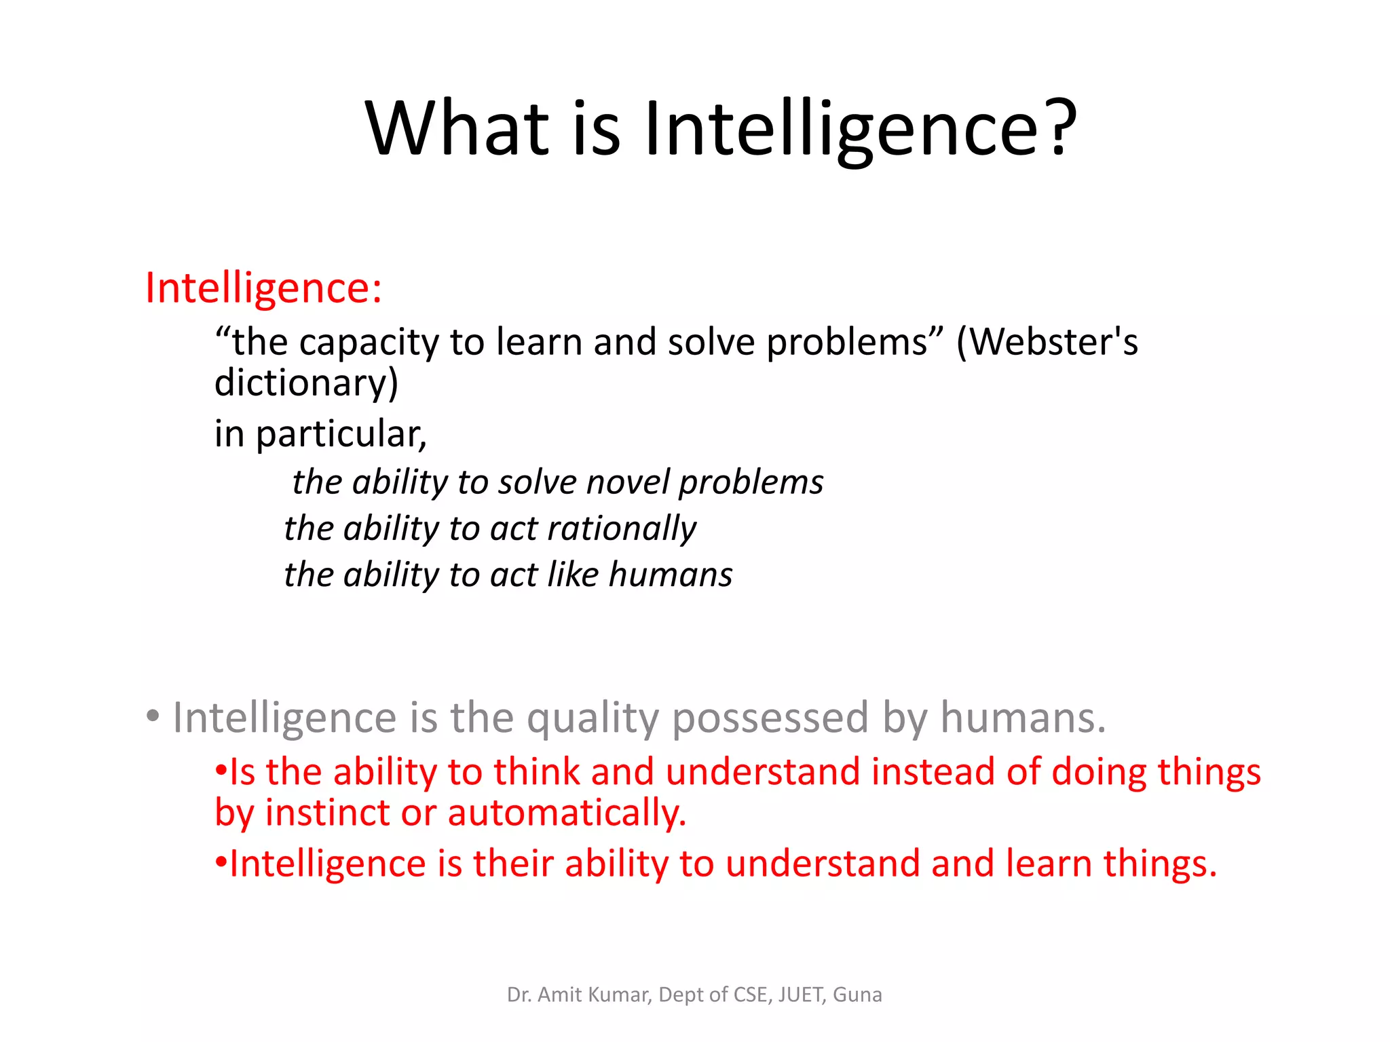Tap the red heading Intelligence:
263,288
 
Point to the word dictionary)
306,383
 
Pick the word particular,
341,434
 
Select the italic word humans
671,575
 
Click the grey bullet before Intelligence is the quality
153,716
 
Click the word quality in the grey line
593,718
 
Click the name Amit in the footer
560,995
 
